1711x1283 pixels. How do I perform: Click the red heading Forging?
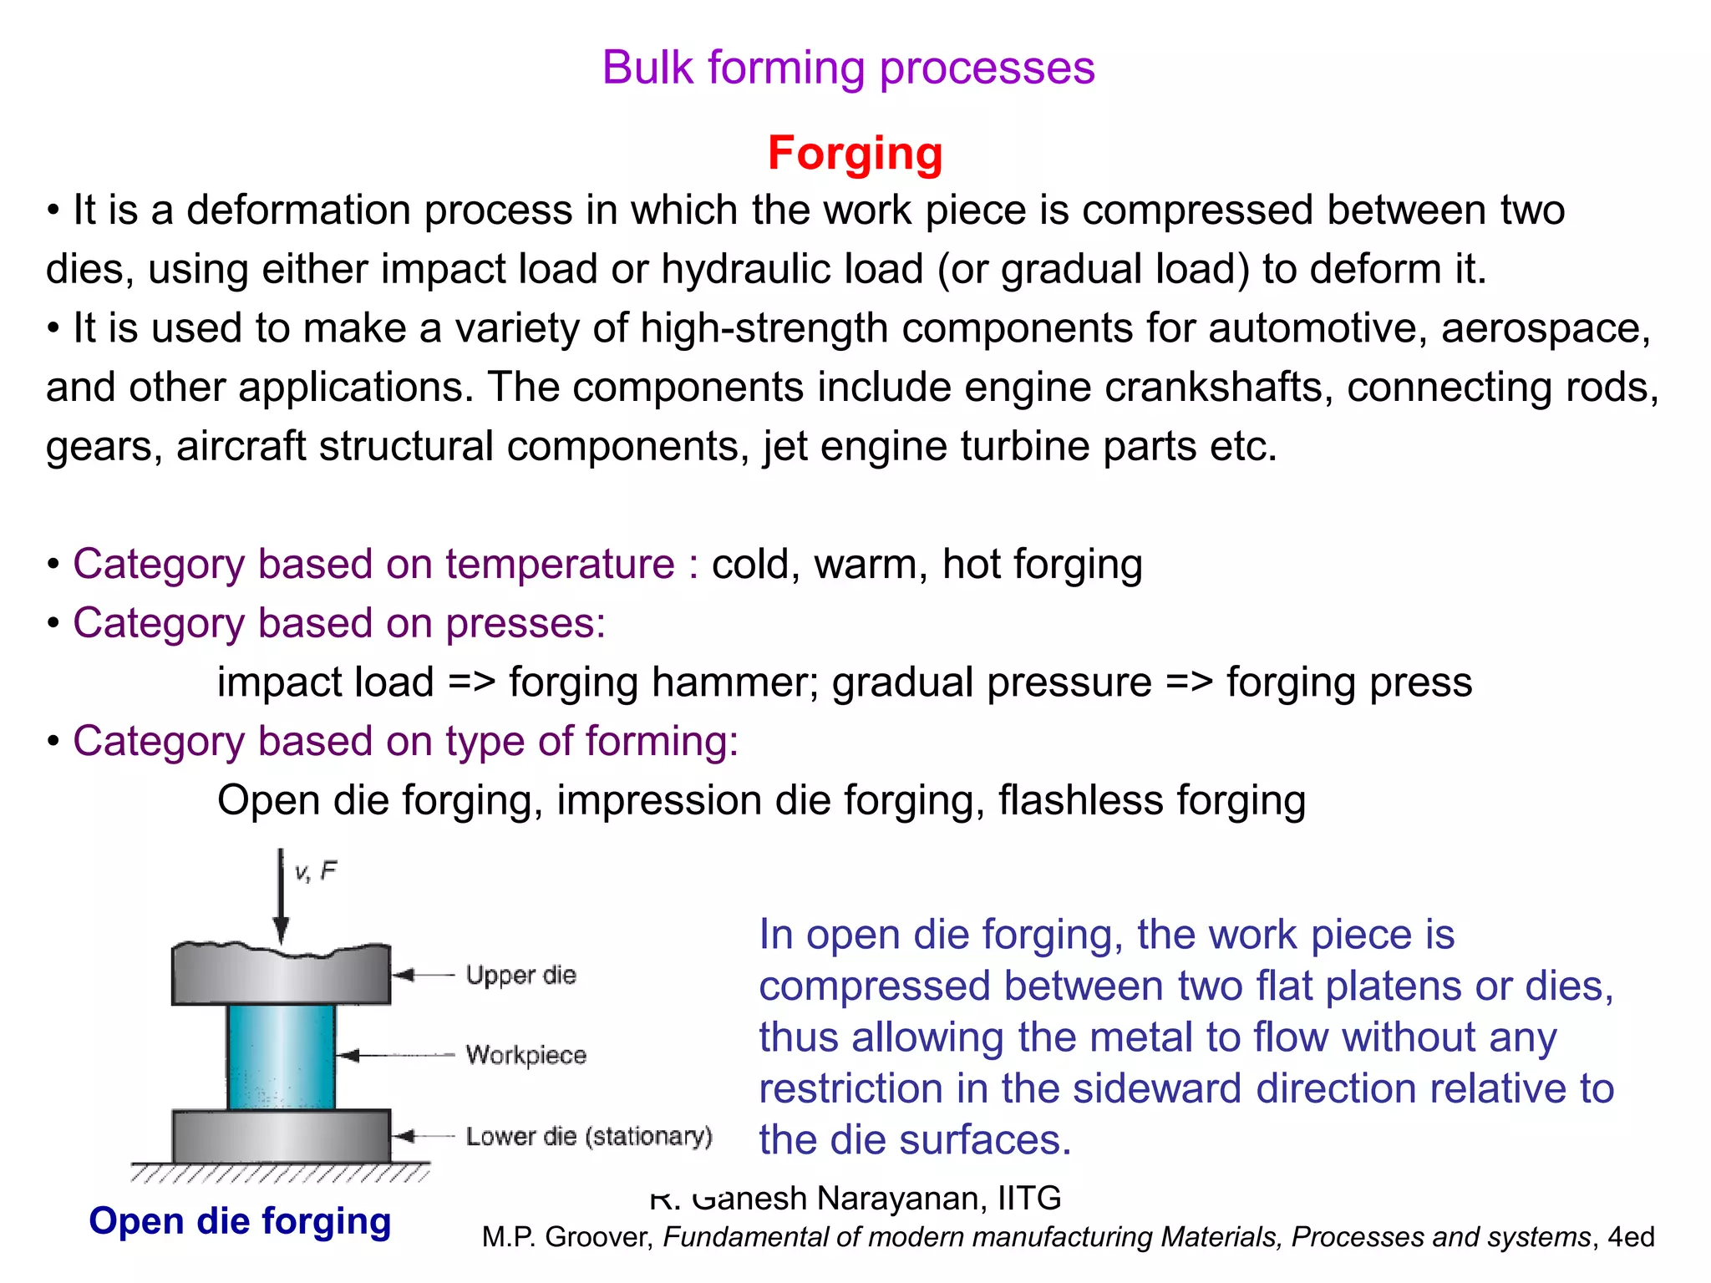tap(855, 154)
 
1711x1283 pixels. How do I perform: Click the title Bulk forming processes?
tap(848, 68)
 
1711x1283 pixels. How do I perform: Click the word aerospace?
tap(1544, 328)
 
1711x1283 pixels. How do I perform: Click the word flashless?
tap(1079, 800)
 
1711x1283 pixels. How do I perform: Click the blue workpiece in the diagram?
tap(282, 1056)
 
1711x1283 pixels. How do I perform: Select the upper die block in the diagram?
tap(282, 976)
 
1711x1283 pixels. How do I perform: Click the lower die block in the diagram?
tap(282, 1135)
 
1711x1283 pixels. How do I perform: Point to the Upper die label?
tap(520, 975)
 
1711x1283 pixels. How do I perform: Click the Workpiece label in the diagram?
tap(525, 1055)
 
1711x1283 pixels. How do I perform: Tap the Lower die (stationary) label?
tap(588, 1136)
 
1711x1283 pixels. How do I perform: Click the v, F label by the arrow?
tap(315, 872)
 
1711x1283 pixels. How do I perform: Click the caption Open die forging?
tap(240, 1221)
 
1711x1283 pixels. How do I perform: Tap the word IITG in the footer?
tap(1029, 1199)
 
